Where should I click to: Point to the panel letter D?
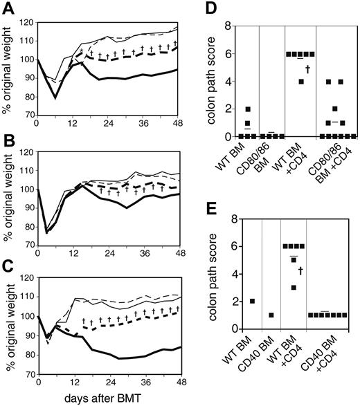(x=201, y=9)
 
